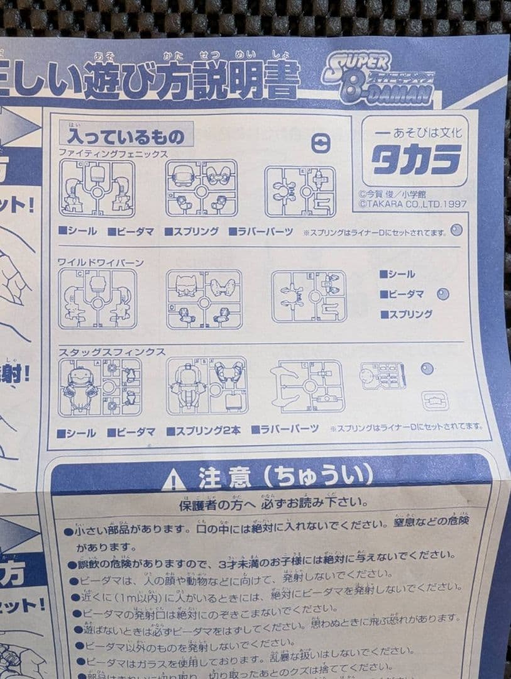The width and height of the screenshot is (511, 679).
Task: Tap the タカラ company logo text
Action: tap(415, 160)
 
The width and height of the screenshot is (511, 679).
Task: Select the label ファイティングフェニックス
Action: tap(113, 153)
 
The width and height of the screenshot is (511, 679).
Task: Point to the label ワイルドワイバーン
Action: tap(101, 262)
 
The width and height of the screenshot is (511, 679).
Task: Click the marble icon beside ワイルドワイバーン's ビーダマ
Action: tap(443, 294)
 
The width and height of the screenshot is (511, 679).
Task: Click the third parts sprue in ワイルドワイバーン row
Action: tap(309, 296)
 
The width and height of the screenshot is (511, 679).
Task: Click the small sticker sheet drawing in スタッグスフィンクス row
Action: tap(382, 376)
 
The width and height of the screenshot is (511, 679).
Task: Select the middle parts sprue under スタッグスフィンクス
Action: tap(207, 385)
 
